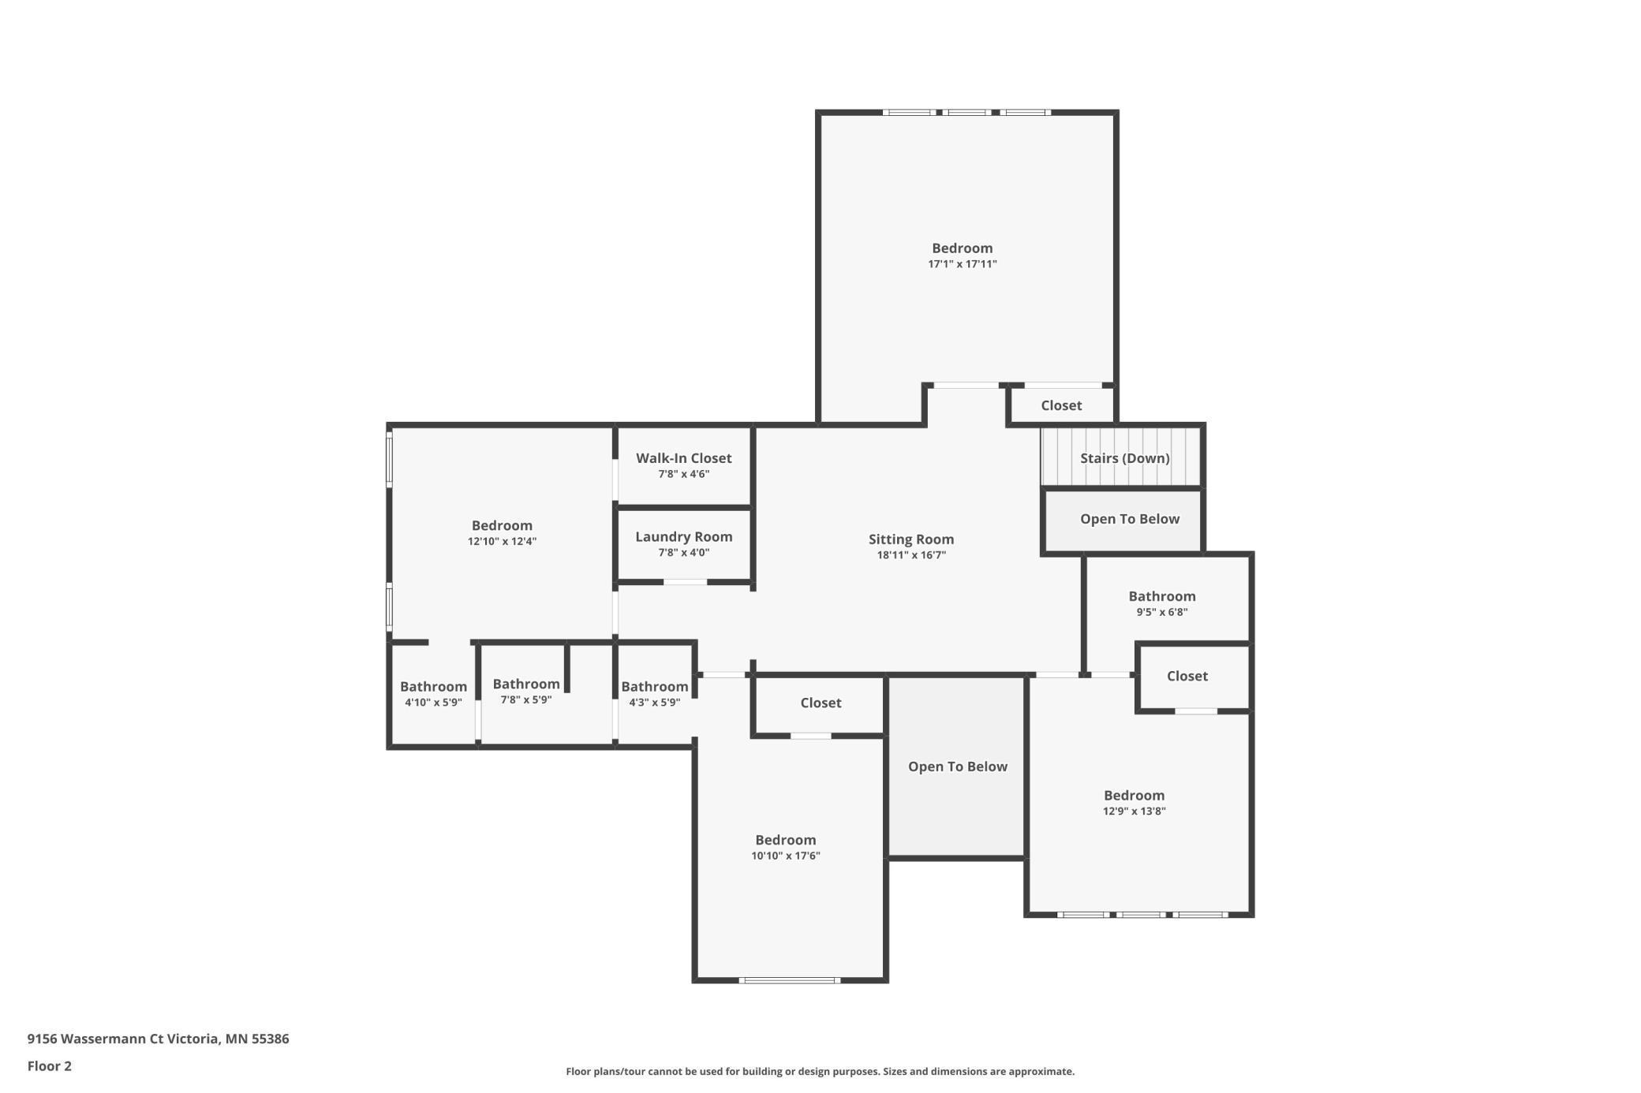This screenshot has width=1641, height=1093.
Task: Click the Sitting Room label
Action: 911,539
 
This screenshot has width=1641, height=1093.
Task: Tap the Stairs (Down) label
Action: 1124,458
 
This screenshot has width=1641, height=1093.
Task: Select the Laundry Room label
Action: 684,537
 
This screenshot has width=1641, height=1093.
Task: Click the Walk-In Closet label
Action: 684,458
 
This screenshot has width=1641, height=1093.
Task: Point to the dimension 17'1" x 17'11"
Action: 962,264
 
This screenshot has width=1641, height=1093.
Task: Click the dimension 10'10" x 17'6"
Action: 785,856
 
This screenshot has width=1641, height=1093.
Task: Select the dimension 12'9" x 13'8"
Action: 1134,811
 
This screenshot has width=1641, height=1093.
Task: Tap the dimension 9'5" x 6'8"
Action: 1161,612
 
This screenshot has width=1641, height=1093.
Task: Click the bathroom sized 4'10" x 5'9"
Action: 433,687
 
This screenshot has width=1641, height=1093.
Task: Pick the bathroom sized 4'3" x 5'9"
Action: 654,687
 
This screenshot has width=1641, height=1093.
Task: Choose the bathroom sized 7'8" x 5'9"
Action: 526,685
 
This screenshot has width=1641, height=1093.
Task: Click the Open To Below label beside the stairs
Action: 1129,519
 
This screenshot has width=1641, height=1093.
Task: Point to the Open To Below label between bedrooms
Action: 957,767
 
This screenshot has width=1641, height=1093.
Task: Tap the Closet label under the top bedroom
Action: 1061,405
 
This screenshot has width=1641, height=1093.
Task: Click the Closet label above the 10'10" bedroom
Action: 820,703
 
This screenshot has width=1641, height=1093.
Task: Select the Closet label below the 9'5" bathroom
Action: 1187,676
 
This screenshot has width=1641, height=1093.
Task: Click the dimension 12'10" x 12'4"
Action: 502,541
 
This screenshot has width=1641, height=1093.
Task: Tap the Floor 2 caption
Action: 50,1066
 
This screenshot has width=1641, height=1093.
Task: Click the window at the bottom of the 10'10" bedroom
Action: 789,980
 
